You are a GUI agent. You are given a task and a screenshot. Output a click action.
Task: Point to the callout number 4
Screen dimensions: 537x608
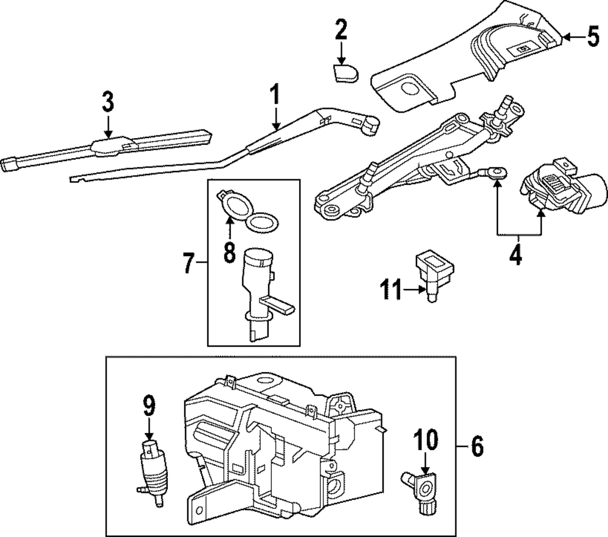(x=515, y=254)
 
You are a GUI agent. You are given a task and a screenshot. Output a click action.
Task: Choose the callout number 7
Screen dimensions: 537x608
(x=189, y=264)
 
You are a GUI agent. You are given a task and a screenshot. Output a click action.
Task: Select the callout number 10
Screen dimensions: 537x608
(x=425, y=439)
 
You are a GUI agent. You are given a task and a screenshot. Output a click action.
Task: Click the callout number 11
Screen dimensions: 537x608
(x=393, y=290)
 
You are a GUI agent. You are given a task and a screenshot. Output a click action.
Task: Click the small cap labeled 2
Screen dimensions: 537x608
(x=345, y=74)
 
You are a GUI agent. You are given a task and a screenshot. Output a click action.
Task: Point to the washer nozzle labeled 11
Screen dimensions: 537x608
(x=434, y=274)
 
